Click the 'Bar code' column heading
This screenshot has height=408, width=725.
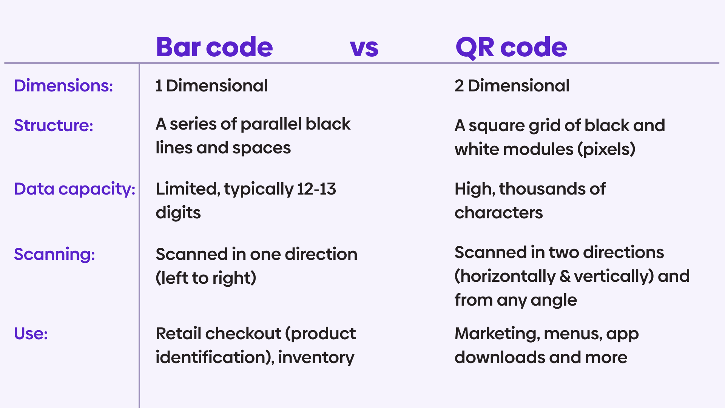pyautogui.click(x=214, y=47)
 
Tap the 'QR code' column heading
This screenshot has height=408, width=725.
pyautogui.click(x=511, y=47)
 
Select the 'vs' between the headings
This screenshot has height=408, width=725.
pyautogui.click(x=364, y=48)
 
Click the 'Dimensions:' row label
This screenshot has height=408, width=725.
pyautogui.click(x=63, y=86)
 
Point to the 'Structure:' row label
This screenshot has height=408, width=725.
pyautogui.click(x=53, y=125)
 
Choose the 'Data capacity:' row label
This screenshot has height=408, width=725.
pyautogui.click(x=74, y=189)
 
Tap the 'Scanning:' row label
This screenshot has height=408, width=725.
pyautogui.click(x=54, y=254)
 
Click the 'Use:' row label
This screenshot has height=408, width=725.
pyautogui.click(x=31, y=334)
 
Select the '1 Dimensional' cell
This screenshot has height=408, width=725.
pyautogui.click(x=211, y=86)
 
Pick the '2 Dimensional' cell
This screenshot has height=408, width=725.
pyautogui.click(x=512, y=86)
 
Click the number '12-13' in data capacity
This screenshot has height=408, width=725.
pyautogui.click(x=316, y=189)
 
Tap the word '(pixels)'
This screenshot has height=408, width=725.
pyautogui.click(x=606, y=149)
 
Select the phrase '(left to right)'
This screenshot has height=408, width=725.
pyautogui.click(x=206, y=278)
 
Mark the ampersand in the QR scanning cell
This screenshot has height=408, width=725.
pyautogui.click(x=565, y=276)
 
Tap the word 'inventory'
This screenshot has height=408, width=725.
pyautogui.click(x=316, y=357)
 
